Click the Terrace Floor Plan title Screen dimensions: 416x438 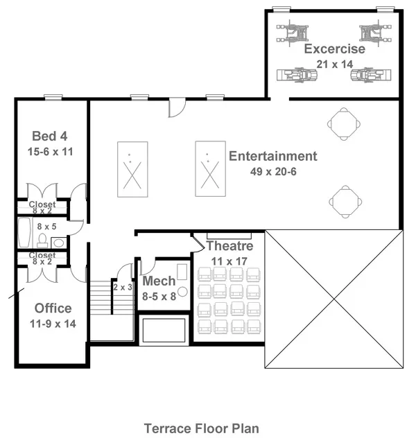tap(202, 428)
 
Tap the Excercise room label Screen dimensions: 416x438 tap(334, 49)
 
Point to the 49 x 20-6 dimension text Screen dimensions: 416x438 tap(273, 171)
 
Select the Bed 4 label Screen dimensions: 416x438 tap(50, 137)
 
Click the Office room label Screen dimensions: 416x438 tap(53, 308)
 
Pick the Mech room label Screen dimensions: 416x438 tap(159, 281)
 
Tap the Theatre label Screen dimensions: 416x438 tap(229, 246)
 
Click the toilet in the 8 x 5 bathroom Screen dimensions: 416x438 tap(42, 240)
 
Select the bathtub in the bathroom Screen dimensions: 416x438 tap(24, 232)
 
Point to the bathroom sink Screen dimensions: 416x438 tap(59, 243)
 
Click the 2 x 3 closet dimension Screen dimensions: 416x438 tap(123, 287)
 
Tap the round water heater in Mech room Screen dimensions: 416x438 tap(182, 292)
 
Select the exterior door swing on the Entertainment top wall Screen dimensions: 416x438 tap(177, 107)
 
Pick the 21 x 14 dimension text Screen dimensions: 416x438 tap(334, 64)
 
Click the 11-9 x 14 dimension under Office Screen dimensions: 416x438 tap(53, 324)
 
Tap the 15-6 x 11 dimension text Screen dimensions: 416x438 tap(51, 152)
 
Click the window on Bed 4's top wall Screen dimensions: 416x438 tap(53, 97)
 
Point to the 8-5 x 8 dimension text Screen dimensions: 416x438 tap(159, 297)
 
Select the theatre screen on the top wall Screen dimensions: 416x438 tap(229, 236)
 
